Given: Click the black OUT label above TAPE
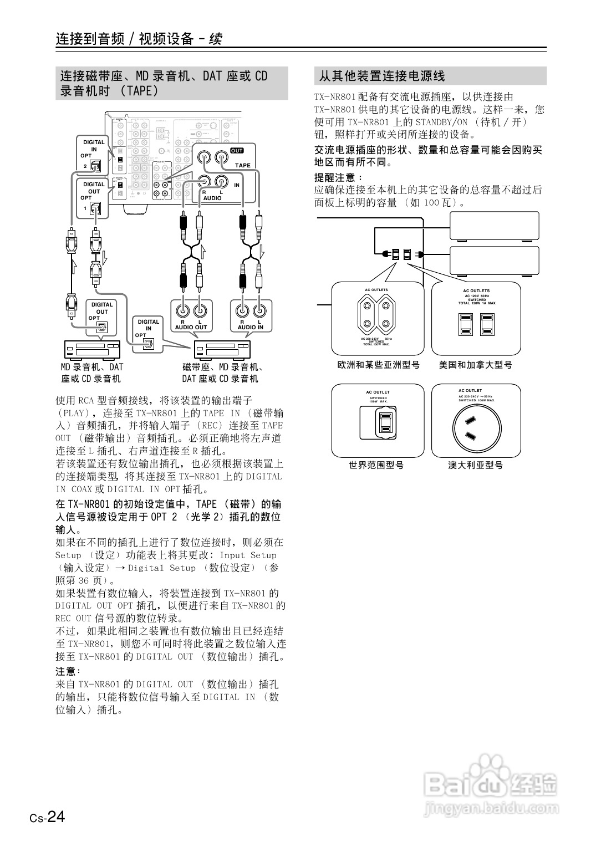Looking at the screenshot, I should pos(237,151).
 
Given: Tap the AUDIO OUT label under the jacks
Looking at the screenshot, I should pos(191,327).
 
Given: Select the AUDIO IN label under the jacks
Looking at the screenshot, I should pos(251,327).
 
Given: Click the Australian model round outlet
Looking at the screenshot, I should pos(476,426).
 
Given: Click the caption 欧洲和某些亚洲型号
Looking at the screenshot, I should pos(379,365).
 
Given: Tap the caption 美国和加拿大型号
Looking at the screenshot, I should pos(476,365).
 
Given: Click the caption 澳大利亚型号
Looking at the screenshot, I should pos(476,465).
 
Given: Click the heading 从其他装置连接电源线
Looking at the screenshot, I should pos(382,76).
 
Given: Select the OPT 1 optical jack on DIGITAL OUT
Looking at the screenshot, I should pos(96,208).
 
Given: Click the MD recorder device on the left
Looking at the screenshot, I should pos(92,350).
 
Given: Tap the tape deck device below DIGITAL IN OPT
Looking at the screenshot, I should pos(221,350).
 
